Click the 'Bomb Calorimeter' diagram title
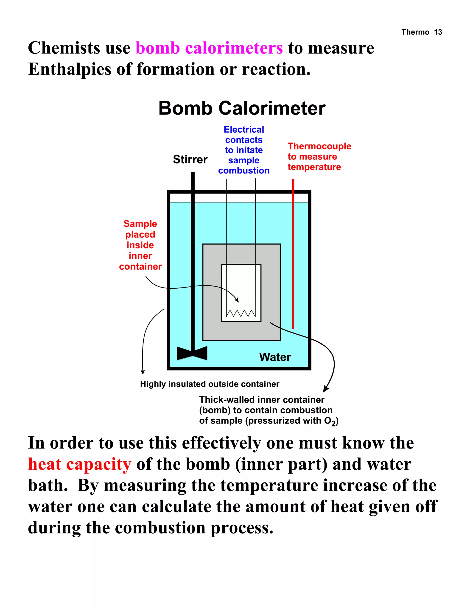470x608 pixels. [x=242, y=108]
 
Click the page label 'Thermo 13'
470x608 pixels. [x=422, y=32]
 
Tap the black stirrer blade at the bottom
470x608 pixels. [x=192, y=353]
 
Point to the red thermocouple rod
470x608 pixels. [x=293, y=253]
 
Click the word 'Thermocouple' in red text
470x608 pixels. [x=319, y=146]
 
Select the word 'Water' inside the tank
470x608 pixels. [x=275, y=357]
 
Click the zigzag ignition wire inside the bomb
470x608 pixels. [x=241, y=313]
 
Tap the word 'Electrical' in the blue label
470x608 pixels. [x=244, y=129]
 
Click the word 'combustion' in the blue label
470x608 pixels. [x=244, y=170]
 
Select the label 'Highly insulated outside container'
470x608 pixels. [x=209, y=384]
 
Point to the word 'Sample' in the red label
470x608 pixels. [x=140, y=223]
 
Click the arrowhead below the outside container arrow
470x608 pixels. [x=143, y=372]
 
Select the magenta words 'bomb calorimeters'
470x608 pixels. [x=209, y=48]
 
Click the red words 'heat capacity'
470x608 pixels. [x=80, y=464]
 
